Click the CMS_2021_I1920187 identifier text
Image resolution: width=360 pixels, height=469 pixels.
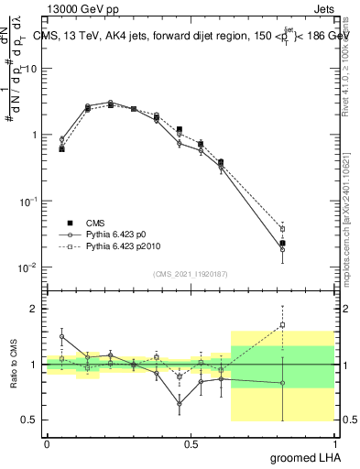tap(191, 274)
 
